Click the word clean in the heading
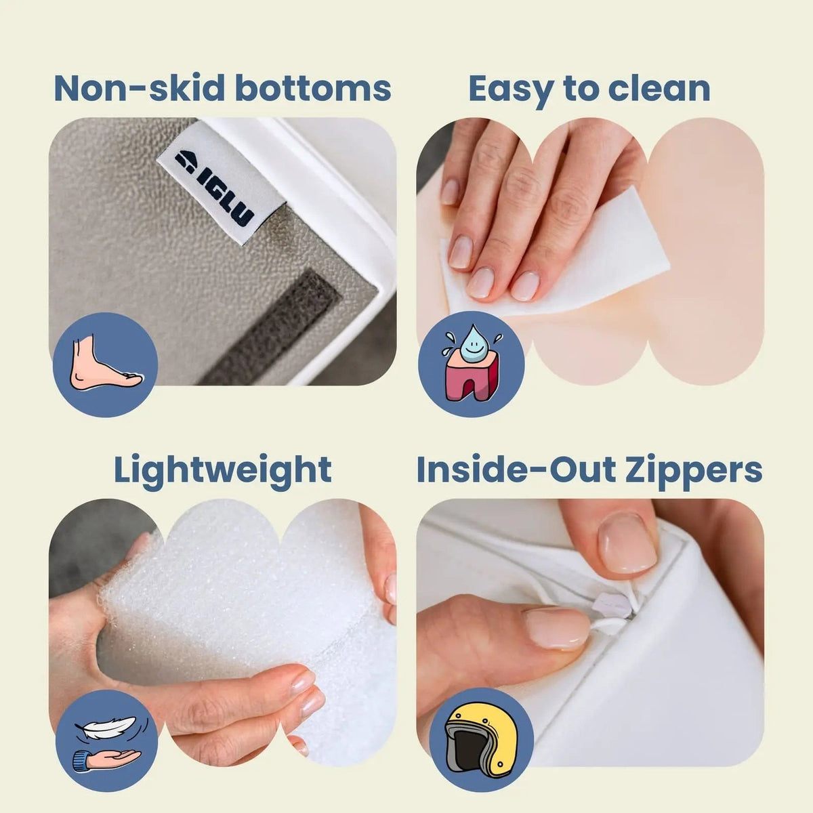coord(654,88)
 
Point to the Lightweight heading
coord(222,470)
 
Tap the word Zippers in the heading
coord(696,470)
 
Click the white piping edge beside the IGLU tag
coord(352,196)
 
